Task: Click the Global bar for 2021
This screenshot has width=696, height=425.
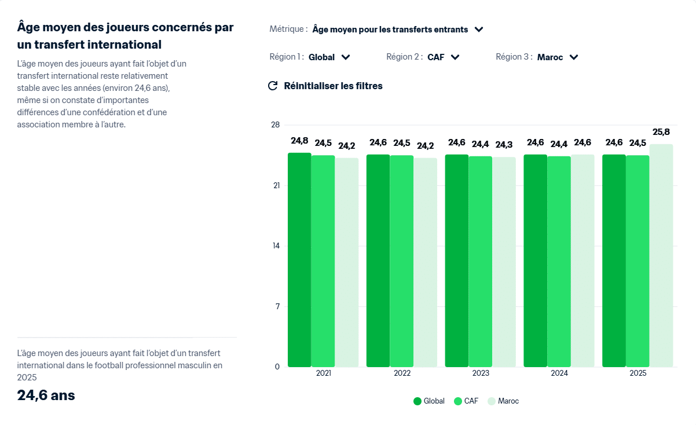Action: [299, 260]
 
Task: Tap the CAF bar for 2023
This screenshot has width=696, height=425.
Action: [480, 261]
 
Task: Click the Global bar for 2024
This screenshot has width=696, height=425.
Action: [535, 261]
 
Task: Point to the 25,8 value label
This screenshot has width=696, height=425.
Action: [661, 132]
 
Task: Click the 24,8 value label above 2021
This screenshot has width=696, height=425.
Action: [299, 141]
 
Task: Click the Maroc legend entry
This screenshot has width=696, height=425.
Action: [503, 401]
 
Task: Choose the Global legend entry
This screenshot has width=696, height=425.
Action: [429, 401]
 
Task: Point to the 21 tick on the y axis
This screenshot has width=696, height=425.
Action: [276, 185]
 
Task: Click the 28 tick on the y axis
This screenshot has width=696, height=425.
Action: [276, 125]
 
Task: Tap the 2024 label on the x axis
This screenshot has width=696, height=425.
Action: [559, 373]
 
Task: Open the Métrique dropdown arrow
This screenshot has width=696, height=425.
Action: [478, 30]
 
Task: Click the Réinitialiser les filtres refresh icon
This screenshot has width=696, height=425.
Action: [273, 86]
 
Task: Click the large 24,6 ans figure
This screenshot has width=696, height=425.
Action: [46, 395]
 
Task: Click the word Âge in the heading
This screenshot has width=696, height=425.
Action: [30, 27]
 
